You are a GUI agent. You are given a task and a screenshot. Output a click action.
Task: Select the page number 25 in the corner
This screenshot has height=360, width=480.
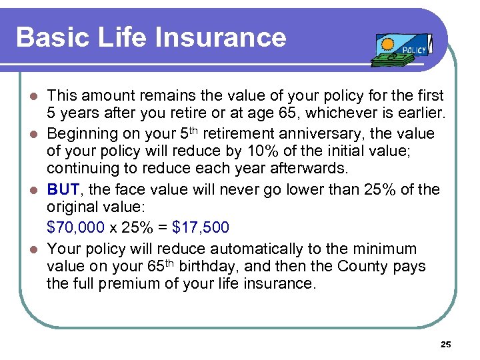446,345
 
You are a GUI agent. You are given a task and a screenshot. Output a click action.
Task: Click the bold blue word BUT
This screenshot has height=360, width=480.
63,190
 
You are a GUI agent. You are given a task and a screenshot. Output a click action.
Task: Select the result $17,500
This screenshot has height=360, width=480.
200,228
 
